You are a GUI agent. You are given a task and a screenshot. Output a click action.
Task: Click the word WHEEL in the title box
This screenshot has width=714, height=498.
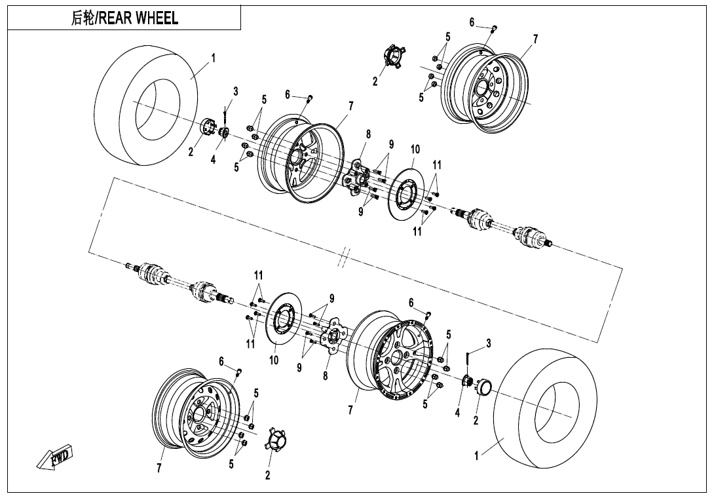tap(157, 18)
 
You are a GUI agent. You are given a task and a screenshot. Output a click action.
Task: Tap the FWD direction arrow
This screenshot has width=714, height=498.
tap(56, 458)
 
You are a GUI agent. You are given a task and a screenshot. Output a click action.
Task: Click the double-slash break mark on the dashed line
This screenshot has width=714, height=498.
tap(343, 258)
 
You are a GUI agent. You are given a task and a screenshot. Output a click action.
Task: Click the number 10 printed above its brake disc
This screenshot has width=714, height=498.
tap(415, 149)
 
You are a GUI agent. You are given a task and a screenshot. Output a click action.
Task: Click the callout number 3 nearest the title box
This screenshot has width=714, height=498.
tap(236, 91)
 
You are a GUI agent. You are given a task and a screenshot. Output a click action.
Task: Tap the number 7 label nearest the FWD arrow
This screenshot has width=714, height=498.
tap(159, 468)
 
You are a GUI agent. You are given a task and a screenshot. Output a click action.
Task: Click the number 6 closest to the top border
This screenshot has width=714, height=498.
tap(472, 23)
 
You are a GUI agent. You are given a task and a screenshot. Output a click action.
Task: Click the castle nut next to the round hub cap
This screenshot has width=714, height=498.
tap(468, 382)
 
